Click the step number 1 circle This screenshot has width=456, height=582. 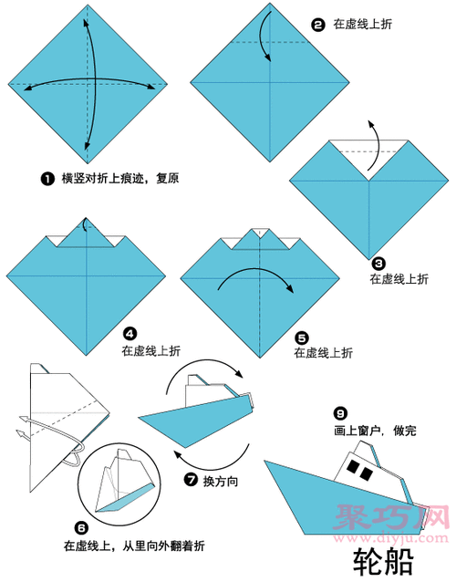coord(46,179)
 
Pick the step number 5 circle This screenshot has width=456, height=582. coord(301,335)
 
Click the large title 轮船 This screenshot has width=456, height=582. coord(383,559)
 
